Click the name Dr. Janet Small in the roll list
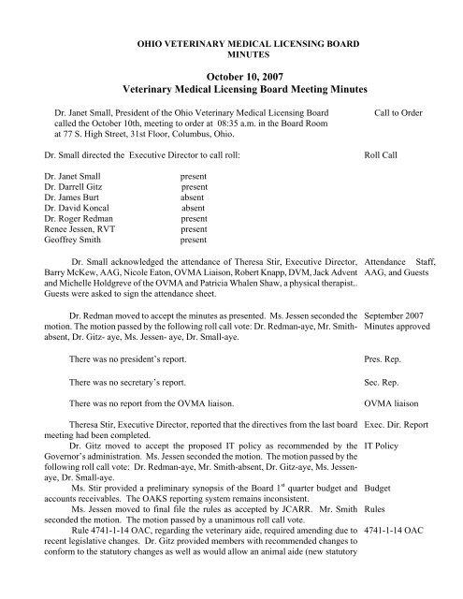pos(65,175)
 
